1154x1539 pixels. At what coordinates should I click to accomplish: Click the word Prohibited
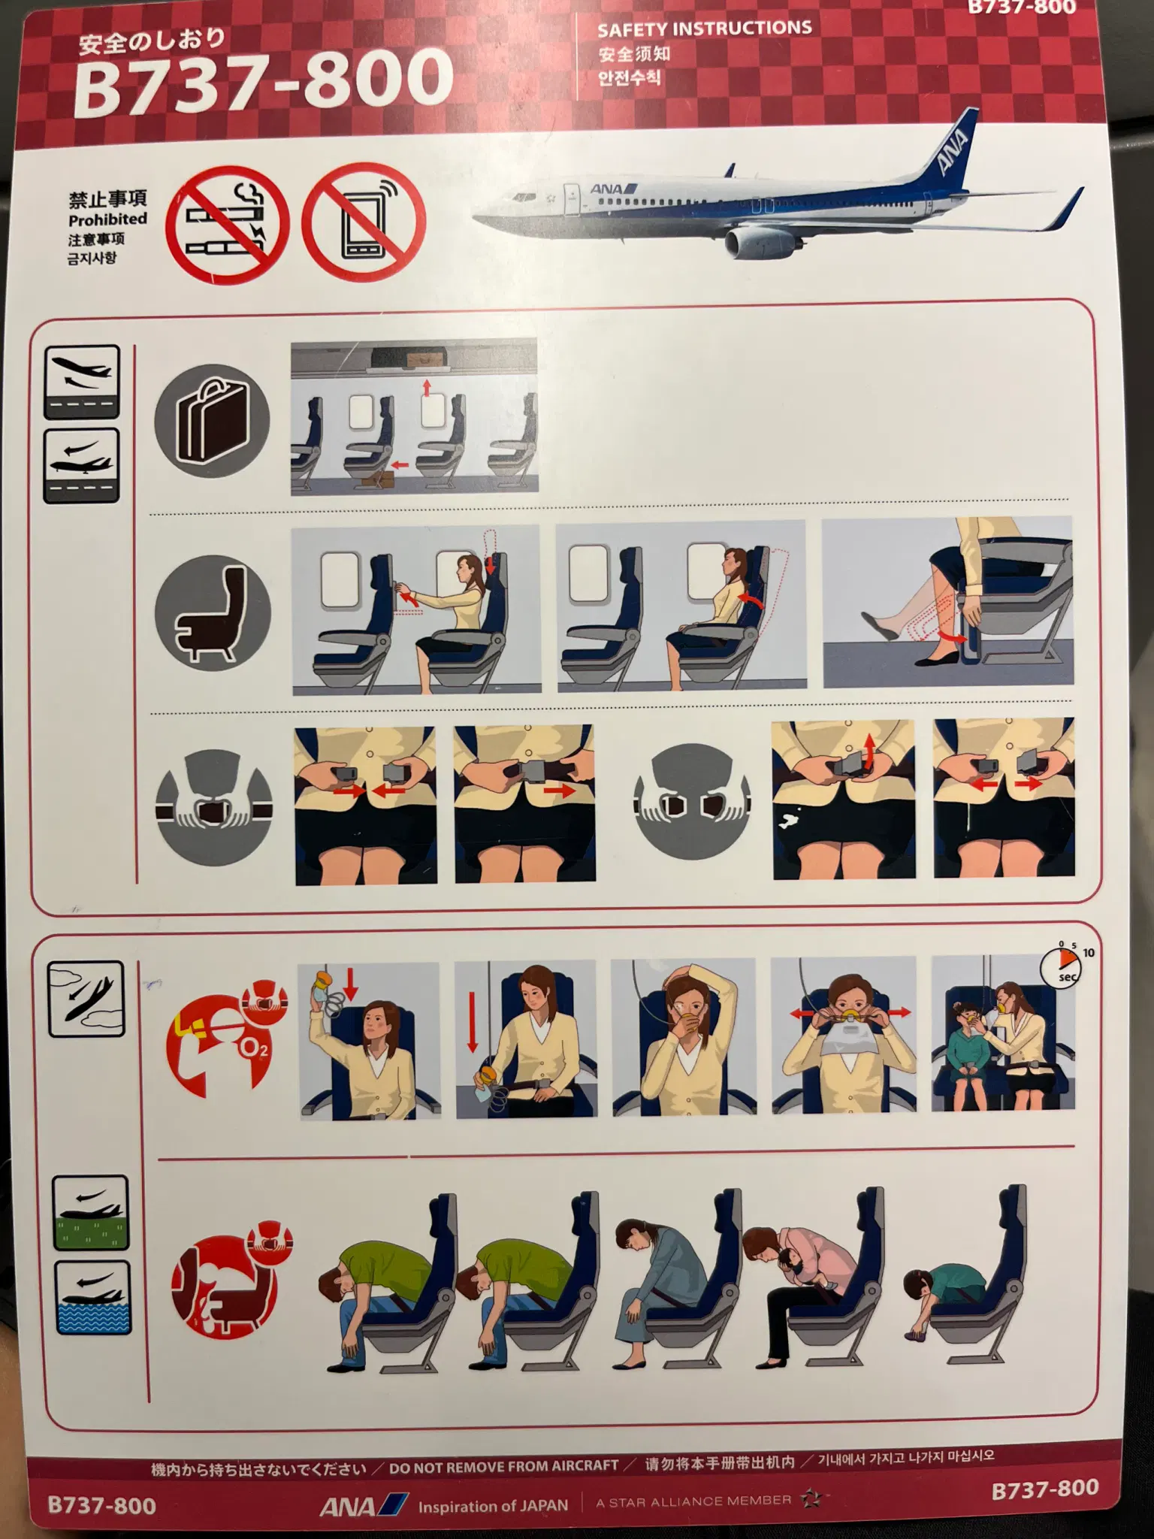coord(107,219)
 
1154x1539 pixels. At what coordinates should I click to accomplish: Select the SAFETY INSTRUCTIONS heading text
coord(705,29)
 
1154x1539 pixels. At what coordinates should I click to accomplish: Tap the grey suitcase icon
coord(211,421)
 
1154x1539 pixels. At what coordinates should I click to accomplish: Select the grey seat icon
coord(213,613)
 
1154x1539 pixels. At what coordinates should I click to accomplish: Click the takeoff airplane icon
coord(82,382)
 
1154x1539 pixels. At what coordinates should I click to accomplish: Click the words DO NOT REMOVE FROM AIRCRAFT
coord(503,1466)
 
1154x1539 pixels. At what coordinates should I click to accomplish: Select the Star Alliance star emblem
coord(811,1500)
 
